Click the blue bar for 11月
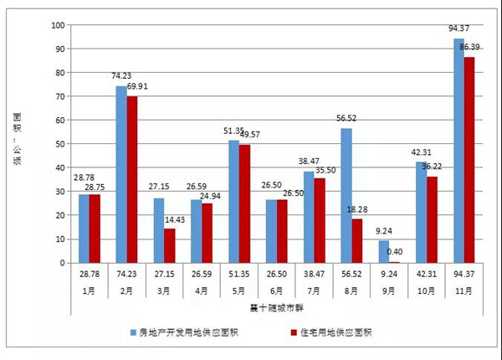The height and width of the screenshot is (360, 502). (458, 151)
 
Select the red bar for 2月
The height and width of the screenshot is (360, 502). (131, 179)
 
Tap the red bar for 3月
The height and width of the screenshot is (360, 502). (169, 245)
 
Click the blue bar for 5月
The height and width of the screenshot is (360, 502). (234, 202)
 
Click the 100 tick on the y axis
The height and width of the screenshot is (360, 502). (58, 25)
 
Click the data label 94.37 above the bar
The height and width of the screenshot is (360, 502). (458, 30)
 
